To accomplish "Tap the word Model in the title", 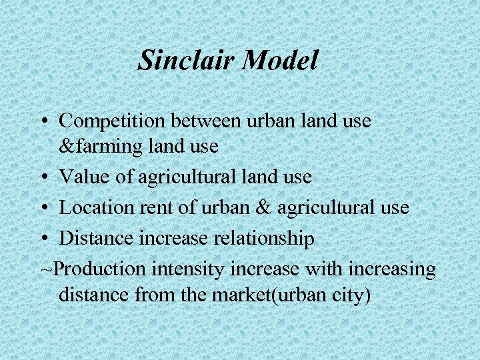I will (280, 61).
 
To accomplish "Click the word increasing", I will (391, 269).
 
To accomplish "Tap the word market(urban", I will (257, 294).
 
